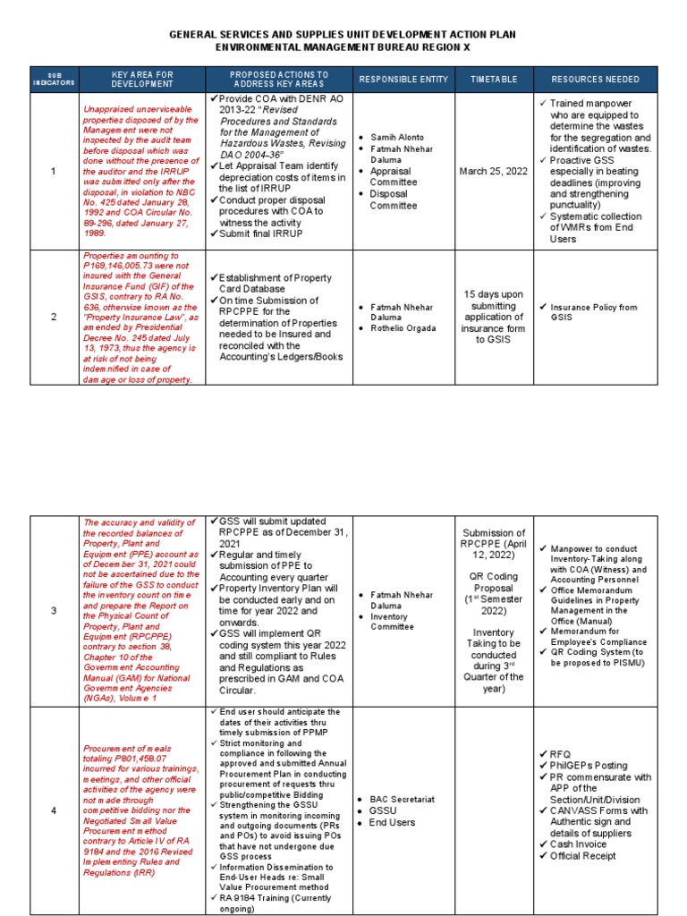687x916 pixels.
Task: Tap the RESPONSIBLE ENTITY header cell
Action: (x=403, y=79)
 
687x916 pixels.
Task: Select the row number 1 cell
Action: (x=53, y=171)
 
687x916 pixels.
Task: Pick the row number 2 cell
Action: (x=53, y=318)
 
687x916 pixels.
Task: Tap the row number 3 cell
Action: (x=53, y=611)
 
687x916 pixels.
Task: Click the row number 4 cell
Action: (x=53, y=810)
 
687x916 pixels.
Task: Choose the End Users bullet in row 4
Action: (x=393, y=822)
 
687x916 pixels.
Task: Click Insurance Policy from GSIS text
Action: (x=593, y=312)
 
